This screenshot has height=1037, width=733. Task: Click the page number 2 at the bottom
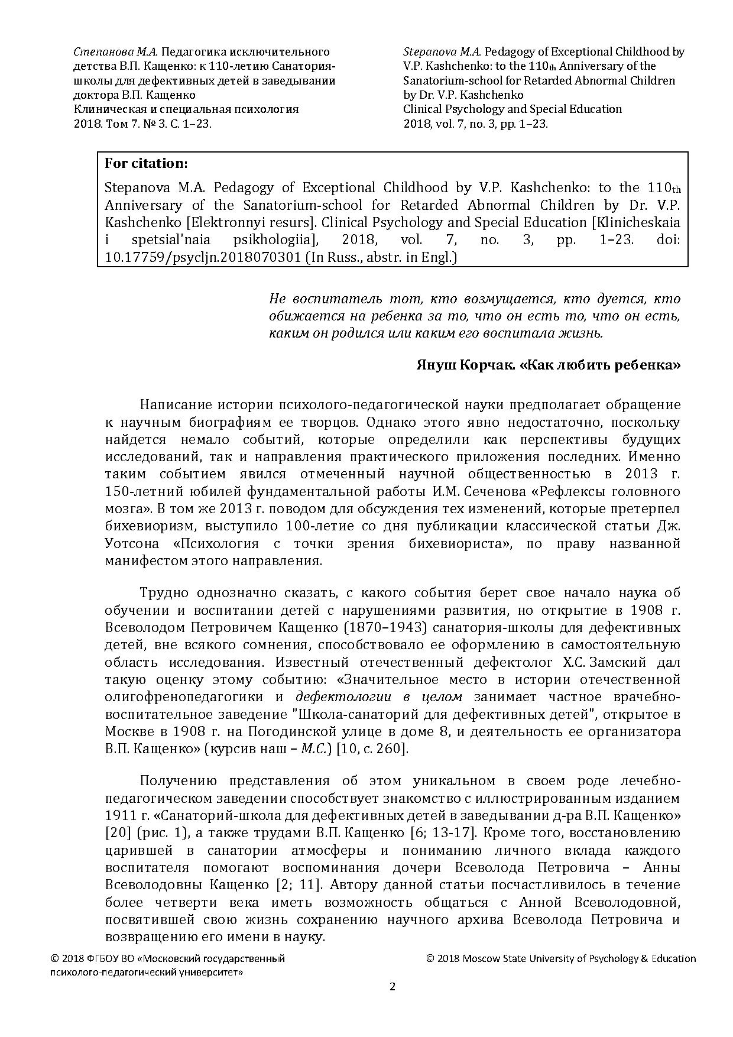(x=392, y=986)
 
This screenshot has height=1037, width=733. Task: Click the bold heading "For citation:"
(x=147, y=163)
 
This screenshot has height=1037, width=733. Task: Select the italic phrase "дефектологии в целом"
(x=378, y=696)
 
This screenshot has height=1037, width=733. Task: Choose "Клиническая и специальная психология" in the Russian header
(x=186, y=109)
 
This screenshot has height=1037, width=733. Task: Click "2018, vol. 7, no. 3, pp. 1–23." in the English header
(x=475, y=124)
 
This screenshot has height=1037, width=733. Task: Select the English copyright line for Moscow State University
(x=560, y=958)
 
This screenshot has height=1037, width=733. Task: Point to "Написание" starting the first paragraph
(x=173, y=405)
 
